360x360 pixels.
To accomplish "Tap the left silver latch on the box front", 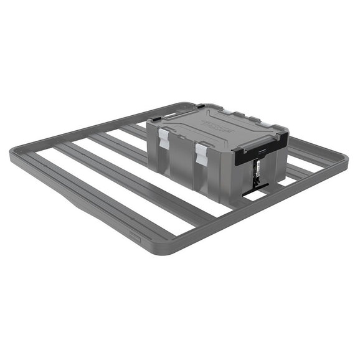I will coord(164,138).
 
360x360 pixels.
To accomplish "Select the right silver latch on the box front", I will coord(202,153).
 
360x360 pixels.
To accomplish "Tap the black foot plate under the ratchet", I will coord(255,192).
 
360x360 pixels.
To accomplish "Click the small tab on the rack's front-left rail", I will coord(134,235).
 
